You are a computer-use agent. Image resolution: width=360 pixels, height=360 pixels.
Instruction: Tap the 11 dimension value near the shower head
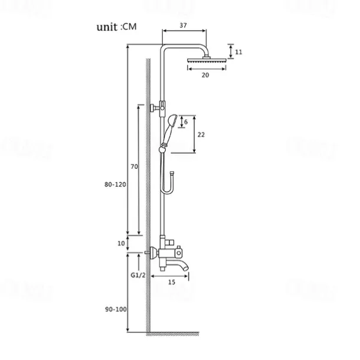238,52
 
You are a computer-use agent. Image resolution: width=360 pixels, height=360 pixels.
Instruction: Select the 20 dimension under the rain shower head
205,75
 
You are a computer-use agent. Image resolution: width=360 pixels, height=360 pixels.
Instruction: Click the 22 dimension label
201,135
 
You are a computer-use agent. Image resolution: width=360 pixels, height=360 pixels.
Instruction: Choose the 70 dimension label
133,168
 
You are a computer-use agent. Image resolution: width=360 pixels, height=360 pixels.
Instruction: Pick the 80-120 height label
114,185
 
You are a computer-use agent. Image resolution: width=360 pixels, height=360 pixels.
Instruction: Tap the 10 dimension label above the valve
122,243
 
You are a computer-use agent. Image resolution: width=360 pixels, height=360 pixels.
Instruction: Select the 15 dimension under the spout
171,283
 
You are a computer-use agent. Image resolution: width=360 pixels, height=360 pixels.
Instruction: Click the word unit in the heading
107,27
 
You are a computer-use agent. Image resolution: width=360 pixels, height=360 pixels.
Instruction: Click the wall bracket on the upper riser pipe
158,107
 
